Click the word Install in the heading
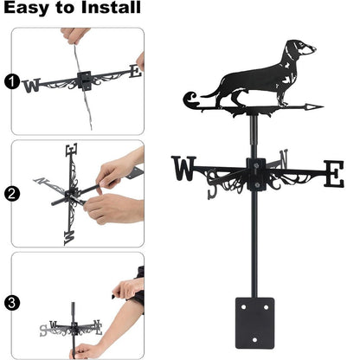point(112,9)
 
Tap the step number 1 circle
point(11,82)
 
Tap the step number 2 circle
point(11,193)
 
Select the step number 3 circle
point(11,303)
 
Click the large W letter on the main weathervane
point(184,169)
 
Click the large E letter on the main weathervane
point(333,174)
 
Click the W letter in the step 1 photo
point(32,86)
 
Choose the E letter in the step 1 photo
point(134,72)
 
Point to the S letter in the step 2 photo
point(69,235)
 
